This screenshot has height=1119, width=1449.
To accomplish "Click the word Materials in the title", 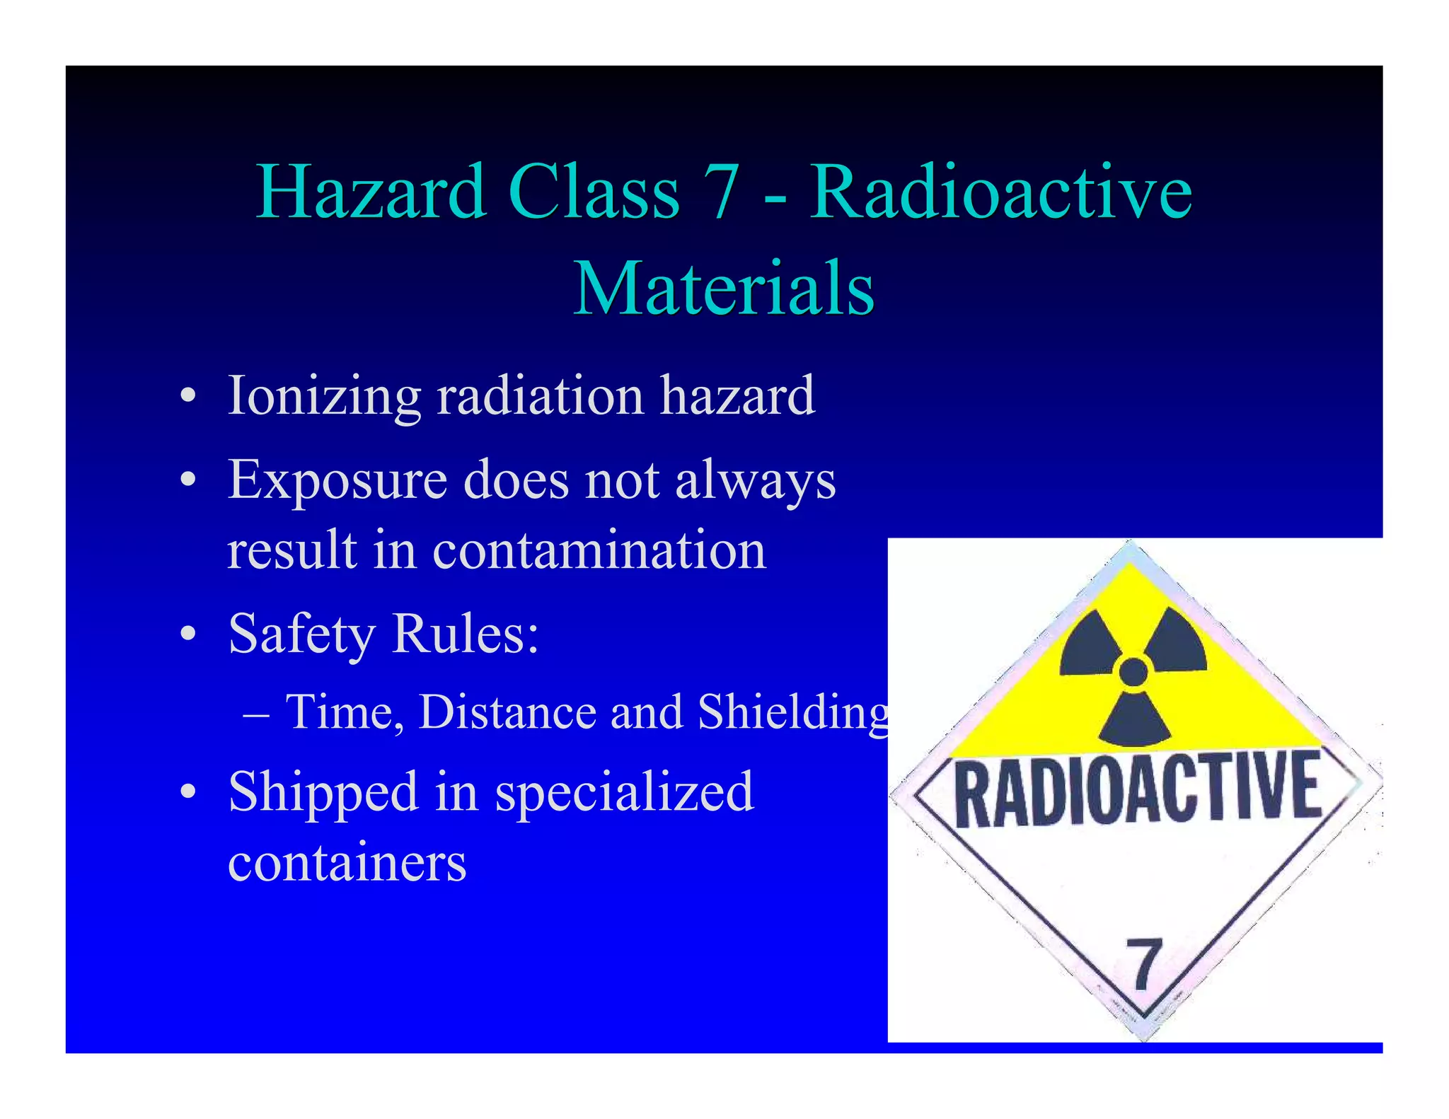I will (724, 289).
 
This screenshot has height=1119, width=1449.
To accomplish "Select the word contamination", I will (599, 550).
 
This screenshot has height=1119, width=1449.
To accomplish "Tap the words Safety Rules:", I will (383, 633).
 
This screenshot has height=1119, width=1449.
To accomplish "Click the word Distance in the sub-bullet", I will (507, 712).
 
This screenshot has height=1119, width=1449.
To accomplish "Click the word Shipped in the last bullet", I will (323, 792).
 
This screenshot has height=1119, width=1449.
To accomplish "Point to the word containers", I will (347, 863).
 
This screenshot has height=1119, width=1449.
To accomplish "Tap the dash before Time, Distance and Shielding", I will (255, 713).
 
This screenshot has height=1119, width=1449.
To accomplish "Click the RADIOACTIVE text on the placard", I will (1137, 789).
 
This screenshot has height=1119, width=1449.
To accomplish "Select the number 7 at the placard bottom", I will (1144, 963).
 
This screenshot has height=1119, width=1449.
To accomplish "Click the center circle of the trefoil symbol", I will (1133, 671).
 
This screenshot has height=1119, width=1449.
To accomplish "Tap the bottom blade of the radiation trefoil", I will (1135, 721).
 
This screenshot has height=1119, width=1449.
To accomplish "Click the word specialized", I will (624, 792).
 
